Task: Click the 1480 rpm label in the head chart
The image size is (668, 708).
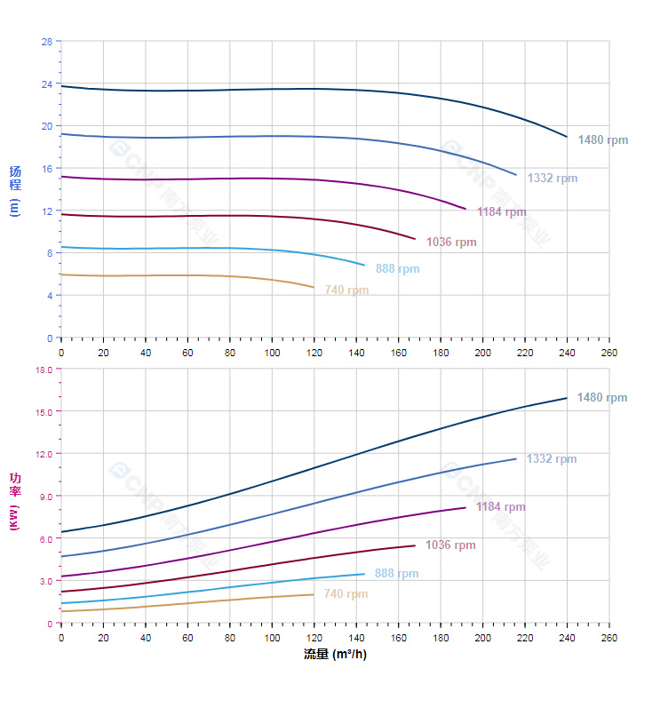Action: [602, 140]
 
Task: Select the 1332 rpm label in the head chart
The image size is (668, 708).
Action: [552, 179]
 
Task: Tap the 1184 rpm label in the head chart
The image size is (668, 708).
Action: [501, 212]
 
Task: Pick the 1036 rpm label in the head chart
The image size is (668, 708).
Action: [451, 243]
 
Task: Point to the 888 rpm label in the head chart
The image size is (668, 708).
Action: [397, 269]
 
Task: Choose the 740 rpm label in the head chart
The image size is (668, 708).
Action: [346, 290]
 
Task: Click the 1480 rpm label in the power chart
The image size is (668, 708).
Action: [601, 398]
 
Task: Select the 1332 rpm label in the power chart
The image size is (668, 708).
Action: [552, 459]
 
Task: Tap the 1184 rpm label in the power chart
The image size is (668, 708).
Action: [500, 507]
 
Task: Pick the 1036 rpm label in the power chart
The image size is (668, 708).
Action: [450, 545]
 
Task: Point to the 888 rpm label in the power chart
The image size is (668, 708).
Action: [396, 574]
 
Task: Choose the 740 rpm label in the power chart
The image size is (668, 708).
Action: [346, 594]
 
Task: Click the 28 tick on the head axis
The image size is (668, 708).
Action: [46, 41]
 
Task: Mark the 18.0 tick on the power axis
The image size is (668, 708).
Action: [43, 369]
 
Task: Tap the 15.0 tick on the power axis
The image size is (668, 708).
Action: [43, 411]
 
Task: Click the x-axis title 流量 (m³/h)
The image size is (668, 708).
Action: [335, 655]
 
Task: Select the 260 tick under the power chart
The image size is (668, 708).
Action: [609, 638]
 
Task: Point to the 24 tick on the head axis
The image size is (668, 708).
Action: [46, 84]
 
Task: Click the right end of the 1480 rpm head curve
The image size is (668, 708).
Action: [567, 137]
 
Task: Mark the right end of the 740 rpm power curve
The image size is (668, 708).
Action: [314, 594]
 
